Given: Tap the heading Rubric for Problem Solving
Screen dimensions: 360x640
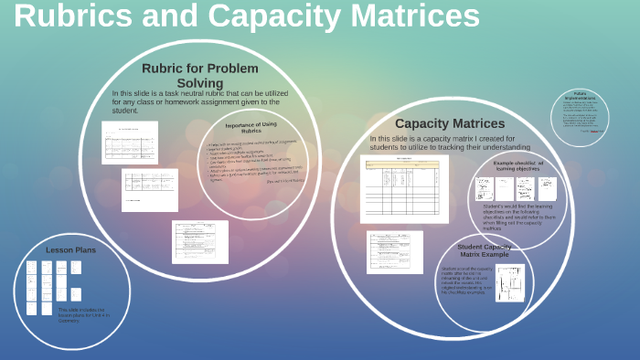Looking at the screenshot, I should point(199,75).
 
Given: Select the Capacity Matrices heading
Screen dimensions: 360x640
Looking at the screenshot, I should point(449,123).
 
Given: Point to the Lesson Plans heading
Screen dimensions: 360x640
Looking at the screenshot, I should point(70,249).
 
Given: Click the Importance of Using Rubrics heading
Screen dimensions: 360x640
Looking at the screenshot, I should point(251,127).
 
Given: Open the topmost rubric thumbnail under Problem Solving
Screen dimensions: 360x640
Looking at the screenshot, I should point(129,143).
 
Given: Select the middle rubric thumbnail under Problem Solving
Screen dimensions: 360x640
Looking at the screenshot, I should point(149,189).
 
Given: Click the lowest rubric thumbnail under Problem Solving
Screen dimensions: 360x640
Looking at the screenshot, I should point(199,241).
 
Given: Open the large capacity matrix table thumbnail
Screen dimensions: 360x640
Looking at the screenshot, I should point(404,189).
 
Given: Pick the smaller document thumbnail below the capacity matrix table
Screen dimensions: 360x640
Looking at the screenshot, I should point(395,251).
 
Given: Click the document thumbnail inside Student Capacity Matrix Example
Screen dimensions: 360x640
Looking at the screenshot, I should point(509,283).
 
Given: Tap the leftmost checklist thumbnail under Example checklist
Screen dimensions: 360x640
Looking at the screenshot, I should point(484,188).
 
